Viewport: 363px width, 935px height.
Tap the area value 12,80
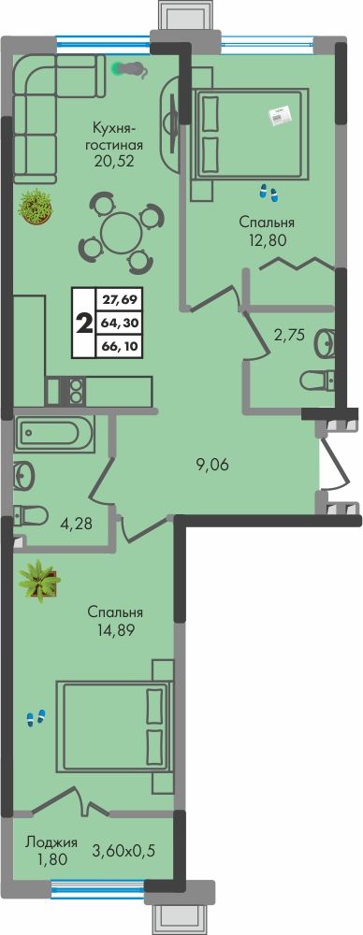pyautogui.click(x=267, y=239)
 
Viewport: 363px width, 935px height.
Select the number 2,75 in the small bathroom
pyautogui.click(x=289, y=335)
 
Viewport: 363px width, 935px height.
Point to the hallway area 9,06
pyautogui.click(x=212, y=466)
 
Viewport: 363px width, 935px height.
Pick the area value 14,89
pyautogui.click(x=115, y=629)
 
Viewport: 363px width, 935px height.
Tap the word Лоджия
pyautogui.click(x=51, y=842)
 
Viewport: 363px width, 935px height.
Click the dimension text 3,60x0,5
pyautogui.click(x=123, y=850)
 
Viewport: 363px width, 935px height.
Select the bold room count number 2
pyautogui.click(x=83, y=324)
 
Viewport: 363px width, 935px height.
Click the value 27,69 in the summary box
pyautogui.click(x=118, y=301)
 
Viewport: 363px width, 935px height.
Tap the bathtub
pyautogui.click(x=55, y=435)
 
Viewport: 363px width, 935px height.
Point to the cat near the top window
pyautogui.click(x=132, y=70)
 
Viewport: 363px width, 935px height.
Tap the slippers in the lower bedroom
pyautogui.click(x=36, y=718)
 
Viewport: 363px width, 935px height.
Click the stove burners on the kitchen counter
pyautogui.click(x=76, y=390)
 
